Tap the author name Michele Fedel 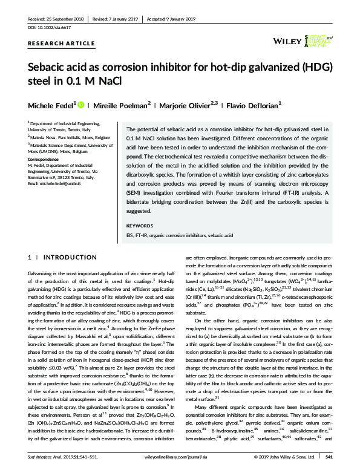click(x=50, y=105)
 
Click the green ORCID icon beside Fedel click(x=83, y=105)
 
